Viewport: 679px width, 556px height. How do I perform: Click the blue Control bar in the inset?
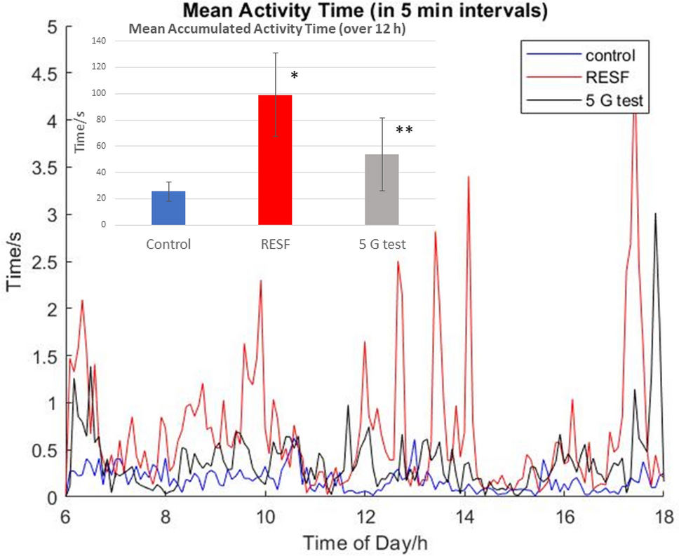point(168,208)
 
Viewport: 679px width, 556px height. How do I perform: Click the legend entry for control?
point(610,55)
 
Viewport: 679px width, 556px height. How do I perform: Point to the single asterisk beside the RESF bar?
point(295,74)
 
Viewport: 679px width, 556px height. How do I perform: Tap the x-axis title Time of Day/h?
point(365,543)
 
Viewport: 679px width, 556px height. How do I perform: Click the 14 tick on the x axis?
point(464,517)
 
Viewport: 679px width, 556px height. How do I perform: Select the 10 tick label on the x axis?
point(265,517)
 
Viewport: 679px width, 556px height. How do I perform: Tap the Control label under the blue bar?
point(168,245)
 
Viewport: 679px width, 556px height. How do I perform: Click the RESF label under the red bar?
point(275,245)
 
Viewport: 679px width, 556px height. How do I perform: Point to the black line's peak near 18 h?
point(655,214)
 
